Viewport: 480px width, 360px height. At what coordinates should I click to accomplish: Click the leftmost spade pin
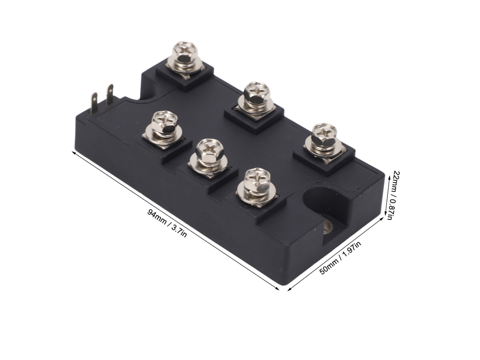(94, 103)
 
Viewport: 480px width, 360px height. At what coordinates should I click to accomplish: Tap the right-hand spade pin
(109, 94)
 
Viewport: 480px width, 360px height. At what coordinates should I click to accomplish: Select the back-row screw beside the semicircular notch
(184, 58)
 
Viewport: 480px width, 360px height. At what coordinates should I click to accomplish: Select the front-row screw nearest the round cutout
(257, 187)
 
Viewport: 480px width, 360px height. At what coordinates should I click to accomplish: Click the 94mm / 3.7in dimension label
(167, 223)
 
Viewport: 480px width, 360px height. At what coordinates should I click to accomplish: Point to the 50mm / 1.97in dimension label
(340, 257)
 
